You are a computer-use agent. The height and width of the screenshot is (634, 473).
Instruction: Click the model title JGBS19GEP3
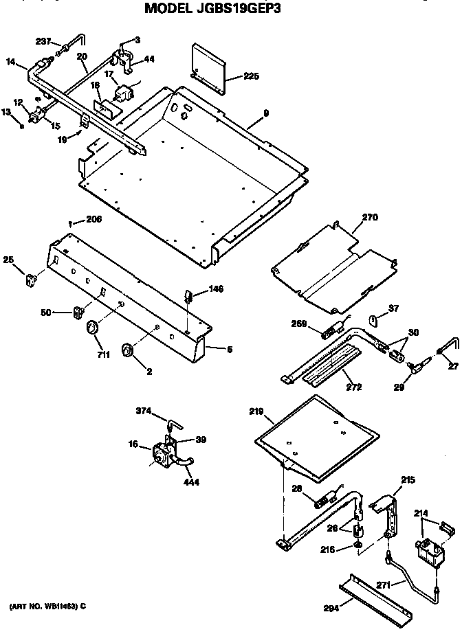(x=212, y=9)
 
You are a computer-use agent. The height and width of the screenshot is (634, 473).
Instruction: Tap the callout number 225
(x=251, y=76)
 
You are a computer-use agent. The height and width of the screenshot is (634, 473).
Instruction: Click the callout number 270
(x=369, y=218)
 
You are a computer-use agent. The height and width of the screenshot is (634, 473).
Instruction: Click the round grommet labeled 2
(x=127, y=350)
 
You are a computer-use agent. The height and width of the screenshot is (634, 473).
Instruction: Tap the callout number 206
(x=93, y=220)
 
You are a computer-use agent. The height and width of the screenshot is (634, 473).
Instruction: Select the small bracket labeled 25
(x=32, y=279)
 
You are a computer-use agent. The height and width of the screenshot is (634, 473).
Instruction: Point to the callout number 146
(x=217, y=290)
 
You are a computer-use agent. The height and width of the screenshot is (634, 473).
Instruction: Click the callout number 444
(x=192, y=482)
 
